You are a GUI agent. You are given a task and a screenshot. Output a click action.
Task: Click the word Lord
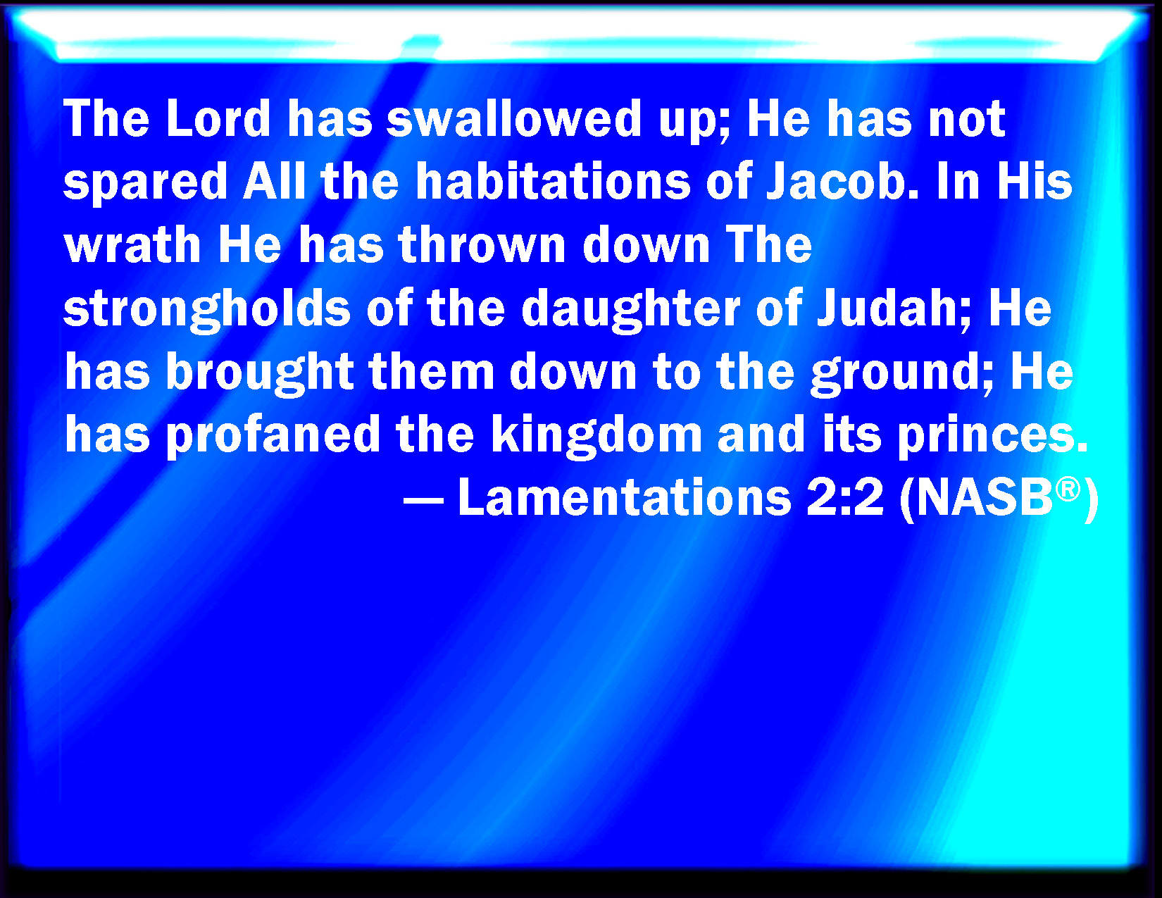click(218, 118)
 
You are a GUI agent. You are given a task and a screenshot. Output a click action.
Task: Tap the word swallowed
click(513, 118)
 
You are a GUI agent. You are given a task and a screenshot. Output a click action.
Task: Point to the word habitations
click(553, 181)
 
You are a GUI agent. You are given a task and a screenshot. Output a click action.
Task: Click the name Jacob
click(842, 181)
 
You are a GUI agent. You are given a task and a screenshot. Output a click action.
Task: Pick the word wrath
click(132, 245)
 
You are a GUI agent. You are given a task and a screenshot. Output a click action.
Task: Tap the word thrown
click(482, 245)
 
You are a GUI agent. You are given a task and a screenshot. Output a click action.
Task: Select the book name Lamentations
click(625, 497)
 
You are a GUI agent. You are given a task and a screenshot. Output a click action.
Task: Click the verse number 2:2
click(845, 497)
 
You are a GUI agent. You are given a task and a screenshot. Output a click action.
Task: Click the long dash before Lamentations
click(423, 501)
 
